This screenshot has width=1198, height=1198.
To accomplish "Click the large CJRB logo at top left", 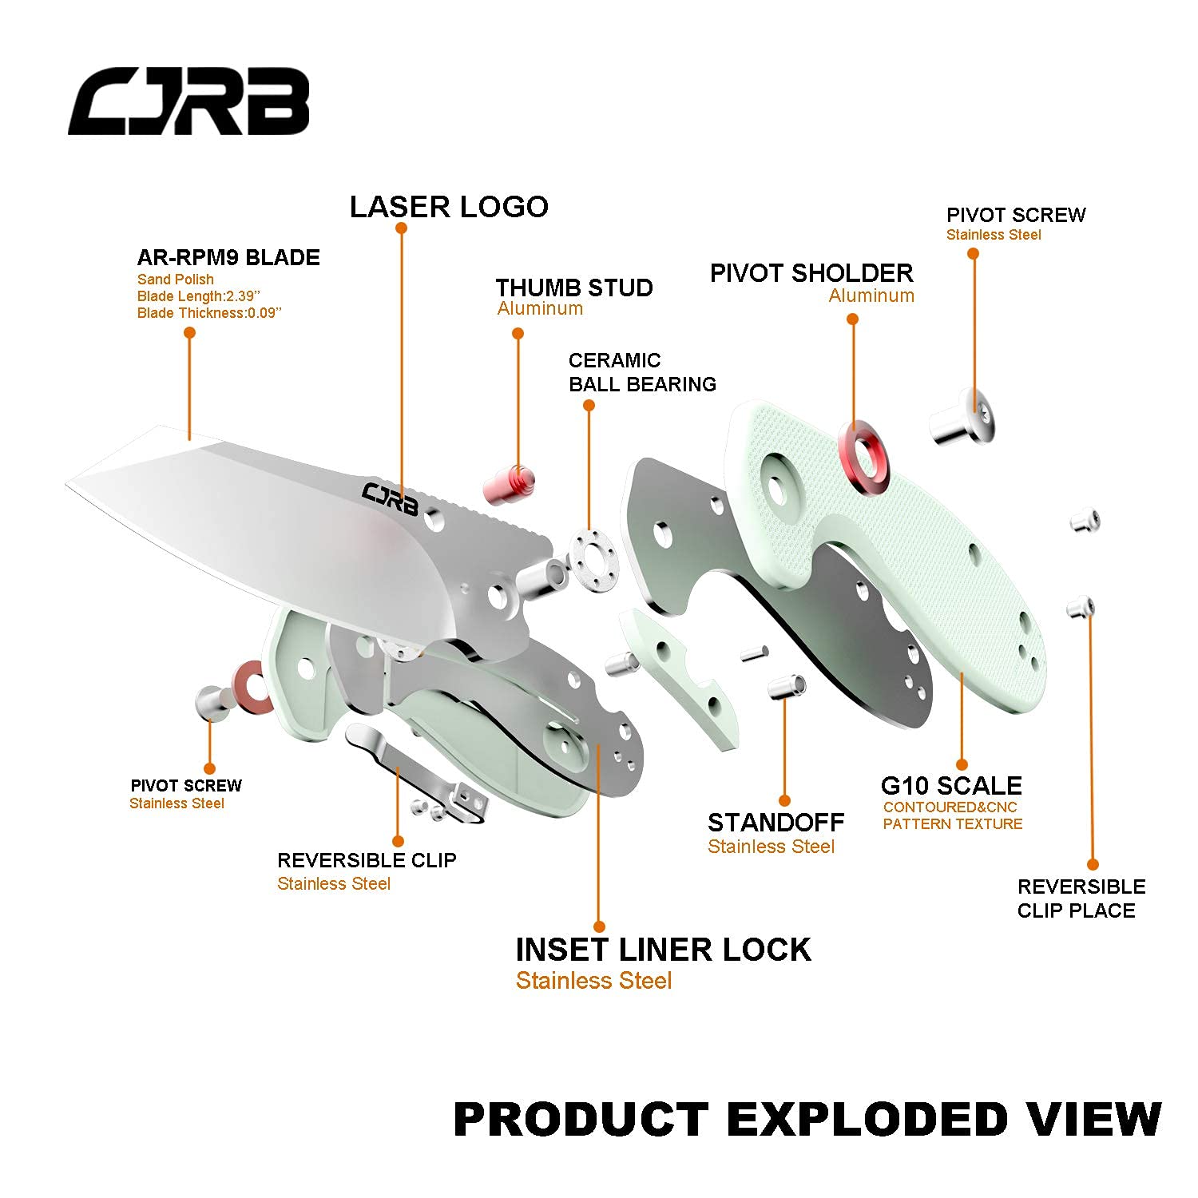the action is pos(188,101).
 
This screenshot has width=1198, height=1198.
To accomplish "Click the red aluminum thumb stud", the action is pos(508,484).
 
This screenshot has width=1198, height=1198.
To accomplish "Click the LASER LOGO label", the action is pos(449,207).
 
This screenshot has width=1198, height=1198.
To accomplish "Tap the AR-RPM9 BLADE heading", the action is pos(228,257).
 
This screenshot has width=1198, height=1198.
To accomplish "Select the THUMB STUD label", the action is pos(574,288).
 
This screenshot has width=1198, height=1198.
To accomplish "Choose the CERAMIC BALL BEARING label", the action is pos(642,372).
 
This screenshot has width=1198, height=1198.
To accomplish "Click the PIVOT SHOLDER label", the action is pos(811,273).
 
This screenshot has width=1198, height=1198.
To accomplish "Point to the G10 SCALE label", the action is pos(951,785).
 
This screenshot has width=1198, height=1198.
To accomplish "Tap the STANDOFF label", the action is pos(776,823).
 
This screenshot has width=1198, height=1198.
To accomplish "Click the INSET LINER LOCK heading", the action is pos(663,950).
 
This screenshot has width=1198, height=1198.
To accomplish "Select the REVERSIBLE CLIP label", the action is pos(367,860).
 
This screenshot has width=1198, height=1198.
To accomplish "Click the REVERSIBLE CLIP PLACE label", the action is pos(1081,898).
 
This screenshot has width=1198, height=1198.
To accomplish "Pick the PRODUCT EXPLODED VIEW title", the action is pos(807,1119).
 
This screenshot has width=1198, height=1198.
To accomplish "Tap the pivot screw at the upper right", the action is pos(962,416).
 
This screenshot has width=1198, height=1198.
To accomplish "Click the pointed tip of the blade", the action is pos(65,482).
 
